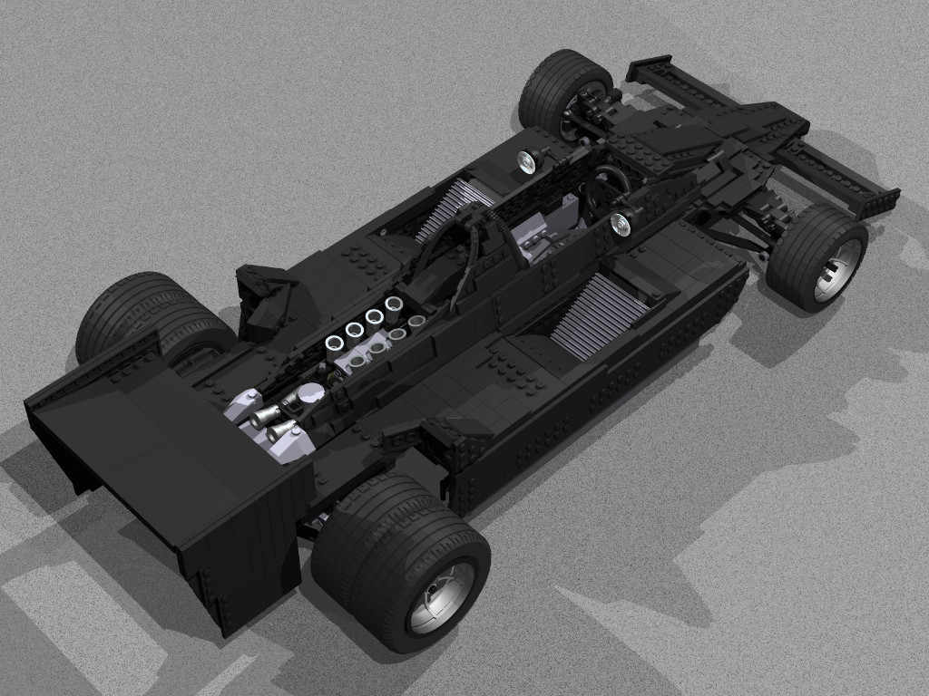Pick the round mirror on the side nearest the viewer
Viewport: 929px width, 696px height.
pos(622,221)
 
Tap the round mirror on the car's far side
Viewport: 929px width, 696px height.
pos(527,160)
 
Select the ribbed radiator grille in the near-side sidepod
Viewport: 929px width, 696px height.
pos(599,314)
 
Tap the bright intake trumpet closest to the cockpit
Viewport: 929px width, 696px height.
pos(395,304)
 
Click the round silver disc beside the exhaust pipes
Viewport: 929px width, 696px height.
pos(310,393)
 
